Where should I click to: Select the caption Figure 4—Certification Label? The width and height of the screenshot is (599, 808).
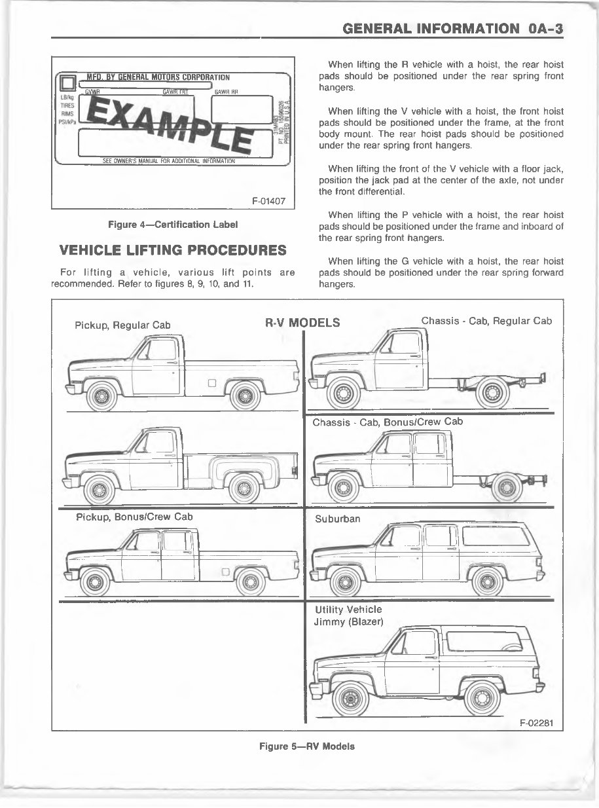[x=173, y=224]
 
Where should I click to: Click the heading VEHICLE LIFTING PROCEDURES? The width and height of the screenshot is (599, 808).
[x=173, y=250]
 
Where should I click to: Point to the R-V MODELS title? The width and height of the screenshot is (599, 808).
[x=302, y=322]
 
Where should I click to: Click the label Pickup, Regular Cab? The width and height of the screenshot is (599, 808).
[x=122, y=325]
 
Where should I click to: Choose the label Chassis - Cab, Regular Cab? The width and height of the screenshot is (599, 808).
[x=486, y=321]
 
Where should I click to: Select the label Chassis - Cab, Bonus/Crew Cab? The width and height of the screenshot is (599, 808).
[x=388, y=422]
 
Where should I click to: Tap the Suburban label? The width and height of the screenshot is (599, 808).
[x=337, y=519]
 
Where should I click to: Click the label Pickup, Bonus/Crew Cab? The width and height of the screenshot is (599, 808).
[x=134, y=517]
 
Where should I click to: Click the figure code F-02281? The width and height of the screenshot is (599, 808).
[x=536, y=723]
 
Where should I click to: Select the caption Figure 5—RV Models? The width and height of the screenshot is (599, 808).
[x=307, y=746]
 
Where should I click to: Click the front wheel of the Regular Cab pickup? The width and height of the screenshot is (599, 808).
[x=101, y=395]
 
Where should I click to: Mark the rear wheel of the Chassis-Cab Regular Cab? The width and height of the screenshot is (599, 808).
[x=493, y=392]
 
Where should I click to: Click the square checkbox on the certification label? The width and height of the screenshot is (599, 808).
[x=66, y=84]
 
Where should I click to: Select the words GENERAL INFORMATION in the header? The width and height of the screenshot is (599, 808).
[x=429, y=28]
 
